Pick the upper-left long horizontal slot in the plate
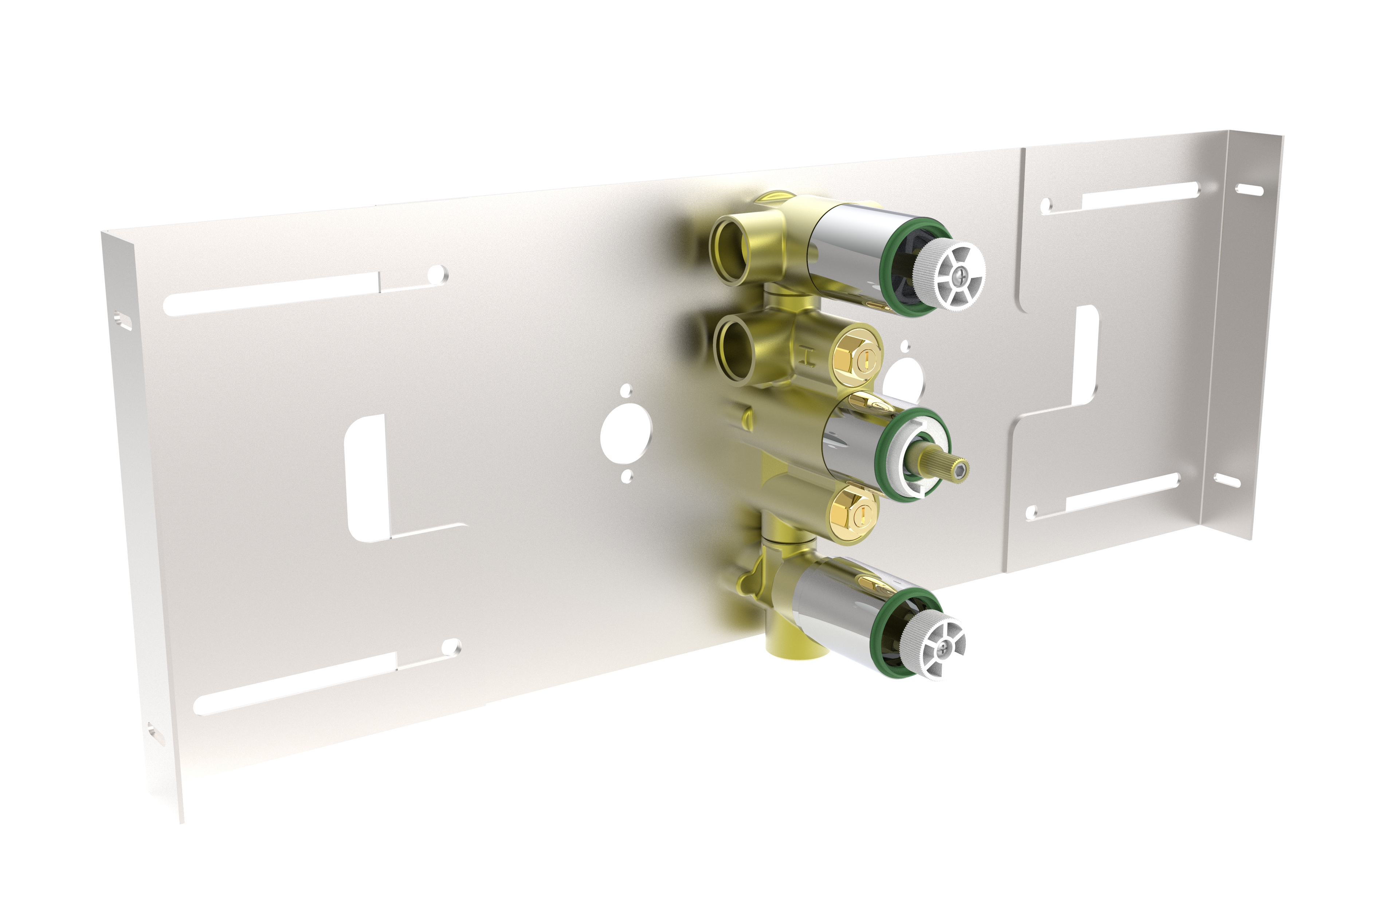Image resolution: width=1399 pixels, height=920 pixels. tap(270, 297)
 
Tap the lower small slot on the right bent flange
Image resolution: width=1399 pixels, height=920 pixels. tap(1227, 480)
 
